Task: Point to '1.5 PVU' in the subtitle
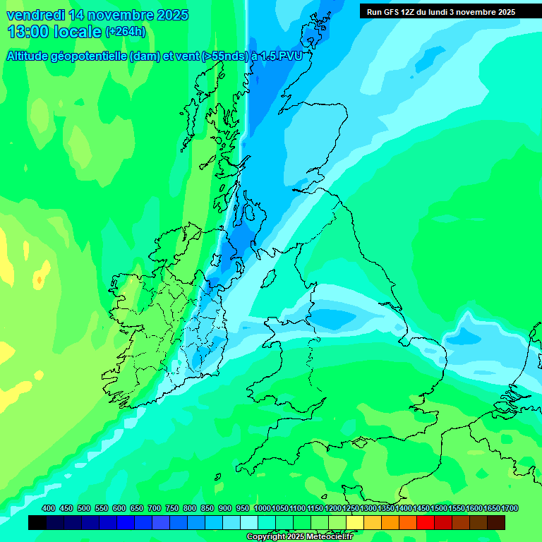[x=282, y=56]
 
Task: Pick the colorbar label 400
[x=49, y=509]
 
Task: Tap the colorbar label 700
[x=155, y=509]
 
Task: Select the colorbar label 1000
[x=263, y=509]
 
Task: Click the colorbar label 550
[x=102, y=509]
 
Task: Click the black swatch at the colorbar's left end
[x=37, y=522]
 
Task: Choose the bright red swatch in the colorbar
[x=426, y=522]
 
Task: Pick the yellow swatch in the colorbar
[x=355, y=522]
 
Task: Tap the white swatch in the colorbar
[x=249, y=522]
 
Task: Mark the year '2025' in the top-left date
[x=170, y=15]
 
